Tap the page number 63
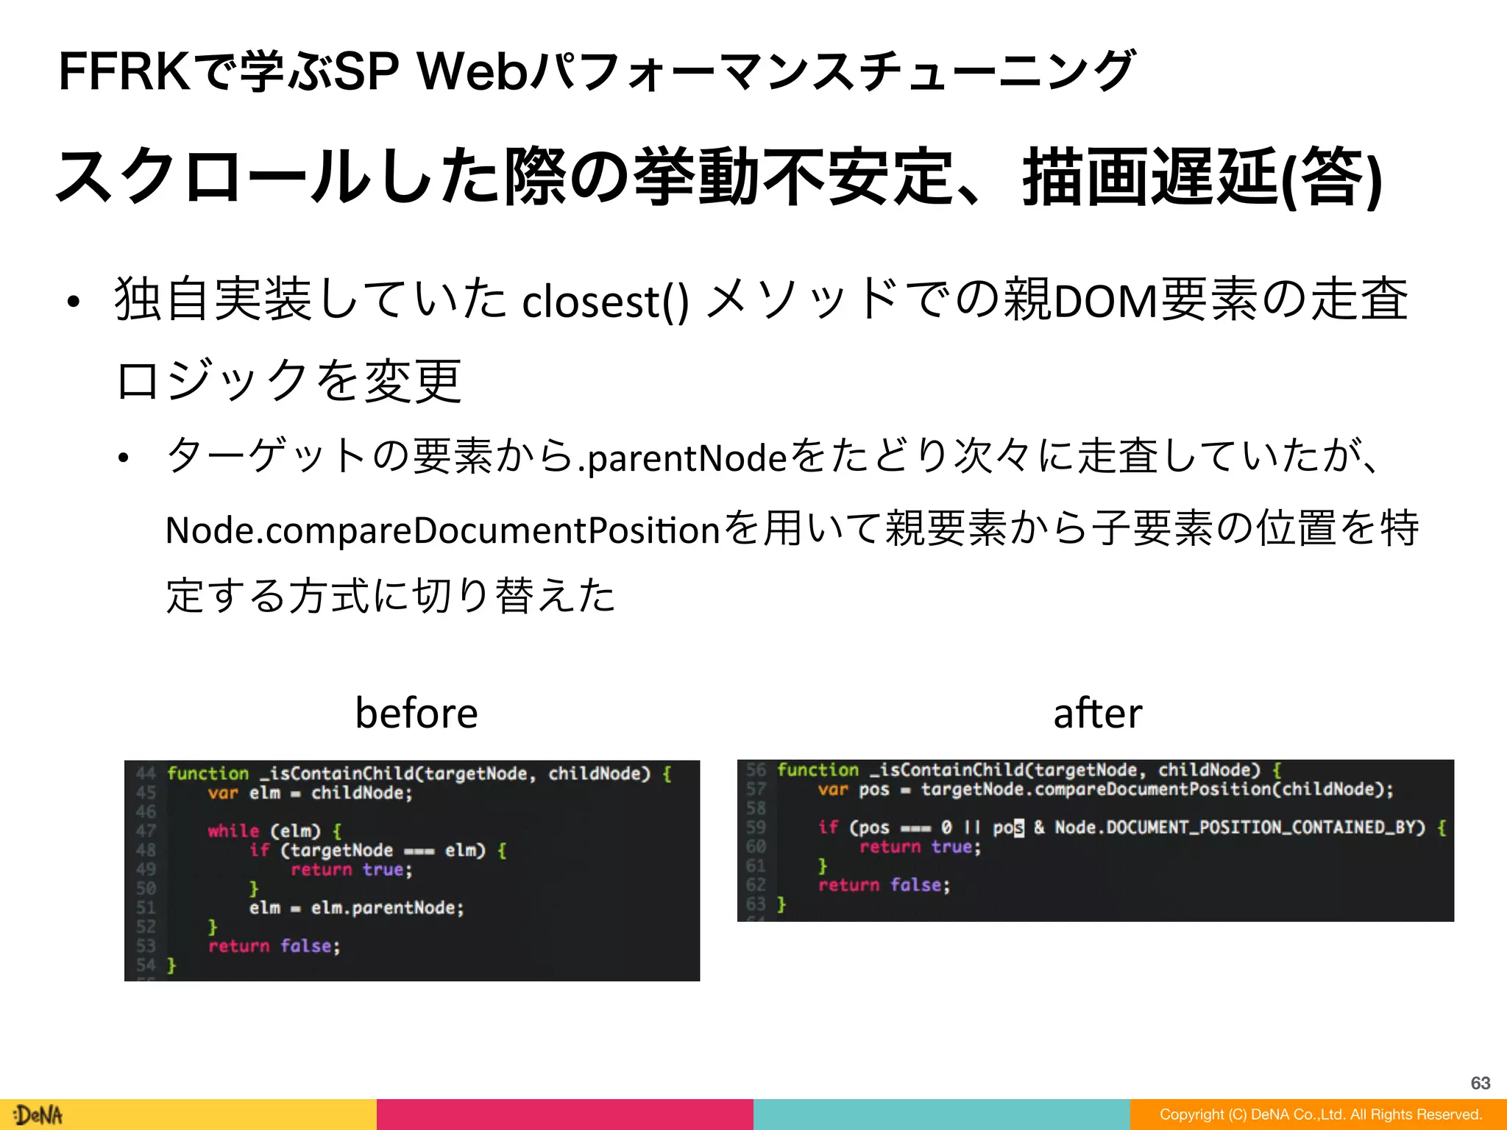click(x=1481, y=1083)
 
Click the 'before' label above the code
click(x=416, y=713)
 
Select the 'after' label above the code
click(x=1097, y=713)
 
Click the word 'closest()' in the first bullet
click(x=605, y=302)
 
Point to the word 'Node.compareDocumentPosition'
click(x=442, y=530)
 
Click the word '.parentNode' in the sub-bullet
click(x=683, y=458)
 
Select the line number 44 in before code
click(x=146, y=773)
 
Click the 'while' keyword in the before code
click(x=233, y=831)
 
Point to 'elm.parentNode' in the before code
click(x=387, y=908)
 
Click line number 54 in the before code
click(x=146, y=964)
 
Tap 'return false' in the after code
click(x=884, y=885)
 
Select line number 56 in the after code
click(x=756, y=770)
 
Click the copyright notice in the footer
click(x=1320, y=1115)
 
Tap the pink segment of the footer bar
click(x=565, y=1115)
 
